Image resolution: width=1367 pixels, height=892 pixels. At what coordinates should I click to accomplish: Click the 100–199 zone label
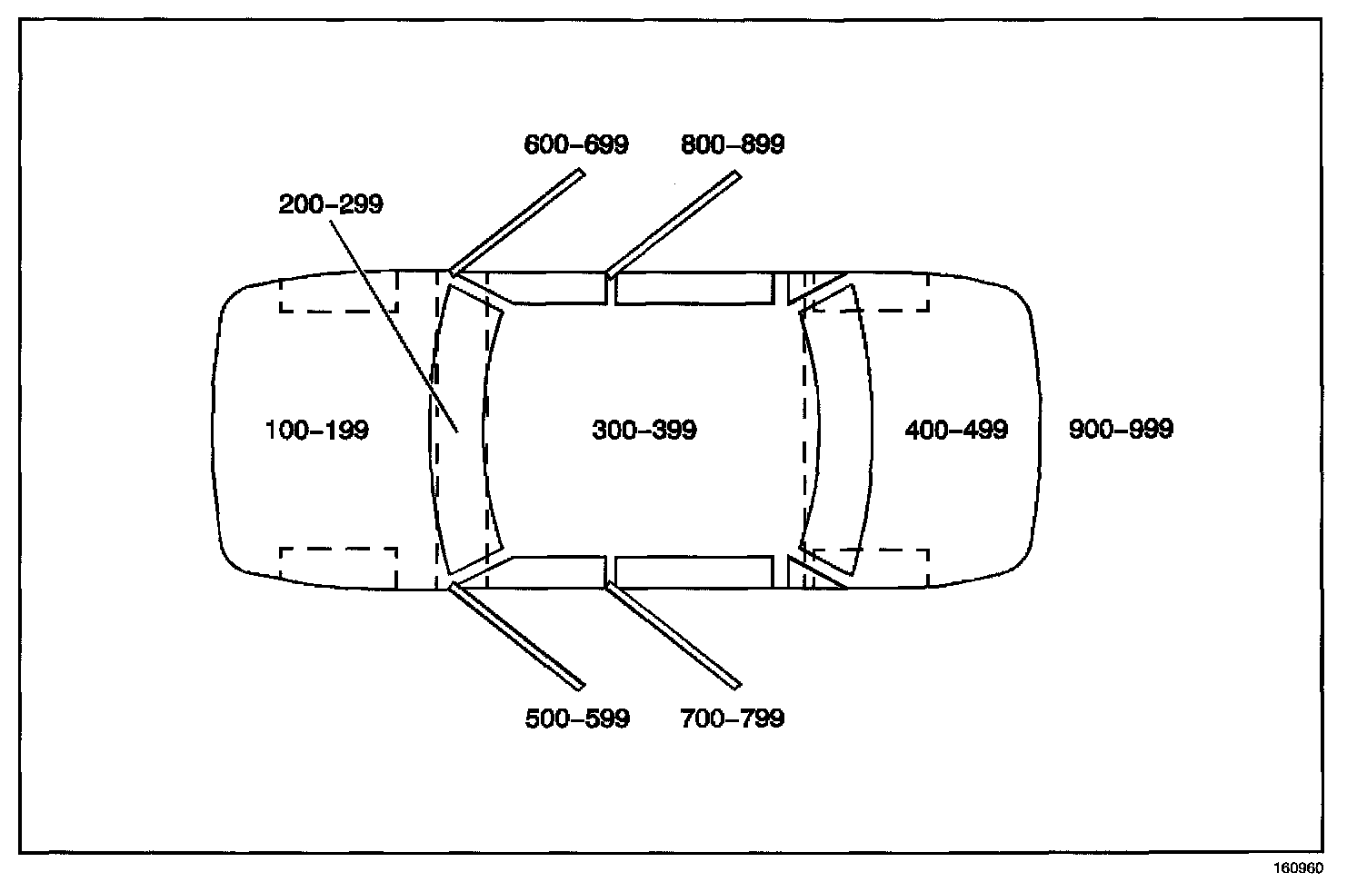click(316, 430)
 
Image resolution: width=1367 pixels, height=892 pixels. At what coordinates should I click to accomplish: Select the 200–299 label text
click(331, 204)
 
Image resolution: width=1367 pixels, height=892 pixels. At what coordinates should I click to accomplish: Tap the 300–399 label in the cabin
click(644, 430)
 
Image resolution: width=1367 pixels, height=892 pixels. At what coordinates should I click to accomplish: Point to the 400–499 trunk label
click(956, 430)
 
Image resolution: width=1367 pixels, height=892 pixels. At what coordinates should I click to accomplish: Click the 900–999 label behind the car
click(1121, 429)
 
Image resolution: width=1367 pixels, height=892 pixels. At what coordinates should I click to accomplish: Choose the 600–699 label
click(576, 144)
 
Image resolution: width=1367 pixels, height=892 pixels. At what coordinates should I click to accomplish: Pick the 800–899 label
click(733, 144)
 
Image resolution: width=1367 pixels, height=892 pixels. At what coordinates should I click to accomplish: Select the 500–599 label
click(577, 719)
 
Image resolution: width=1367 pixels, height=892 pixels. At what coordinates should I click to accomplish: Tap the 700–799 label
click(732, 719)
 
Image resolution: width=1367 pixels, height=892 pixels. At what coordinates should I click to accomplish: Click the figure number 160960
click(1298, 867)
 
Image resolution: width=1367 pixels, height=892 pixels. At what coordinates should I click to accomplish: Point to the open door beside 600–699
click(516, 222)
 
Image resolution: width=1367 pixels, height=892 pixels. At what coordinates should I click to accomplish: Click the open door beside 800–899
click(674, 222)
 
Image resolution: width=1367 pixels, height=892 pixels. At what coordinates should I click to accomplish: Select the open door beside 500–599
click(516, 637)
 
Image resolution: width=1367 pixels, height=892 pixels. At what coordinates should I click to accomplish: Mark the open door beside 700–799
click(674, 637)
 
